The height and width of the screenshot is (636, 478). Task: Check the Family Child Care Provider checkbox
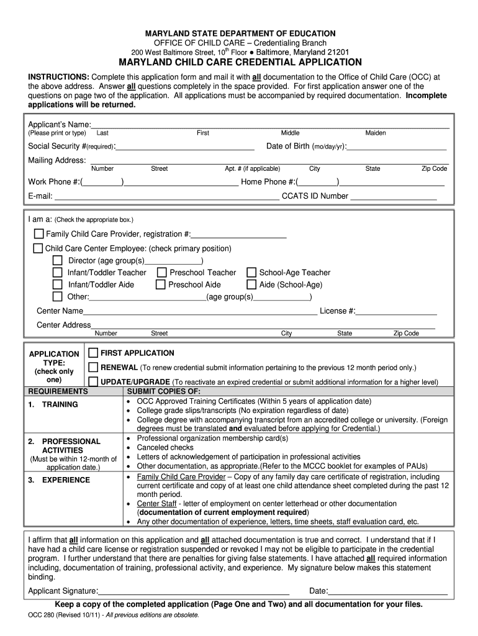click(38, 234)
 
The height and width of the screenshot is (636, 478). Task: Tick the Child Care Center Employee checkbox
click(38, 248)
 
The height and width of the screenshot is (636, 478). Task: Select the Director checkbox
click(58, 260)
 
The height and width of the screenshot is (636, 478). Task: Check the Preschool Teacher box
click(161, 272)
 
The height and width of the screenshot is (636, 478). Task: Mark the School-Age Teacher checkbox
click(251, 272)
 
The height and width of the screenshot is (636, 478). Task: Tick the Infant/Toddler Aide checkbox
click(58, 284)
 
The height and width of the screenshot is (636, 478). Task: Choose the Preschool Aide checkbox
click(161, 284)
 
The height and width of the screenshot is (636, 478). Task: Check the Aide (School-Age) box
click(251, 284)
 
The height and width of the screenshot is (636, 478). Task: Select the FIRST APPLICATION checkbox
click(93, 353)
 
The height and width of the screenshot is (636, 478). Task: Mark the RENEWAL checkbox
click(93, 367)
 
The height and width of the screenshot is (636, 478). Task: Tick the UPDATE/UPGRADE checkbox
click(93, 381)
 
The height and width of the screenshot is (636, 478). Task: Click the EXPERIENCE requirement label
click(66, 480)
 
